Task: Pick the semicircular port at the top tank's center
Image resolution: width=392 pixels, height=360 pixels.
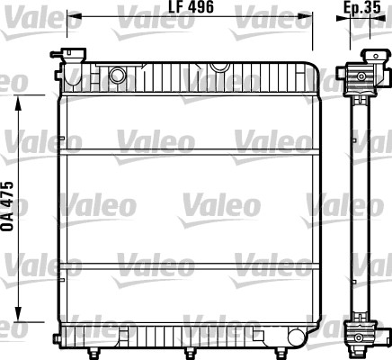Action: tap(218, 66)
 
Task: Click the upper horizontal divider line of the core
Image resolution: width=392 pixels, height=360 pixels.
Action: tap(189, 149)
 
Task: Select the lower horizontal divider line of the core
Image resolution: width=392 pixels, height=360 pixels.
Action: tap(189, 265)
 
